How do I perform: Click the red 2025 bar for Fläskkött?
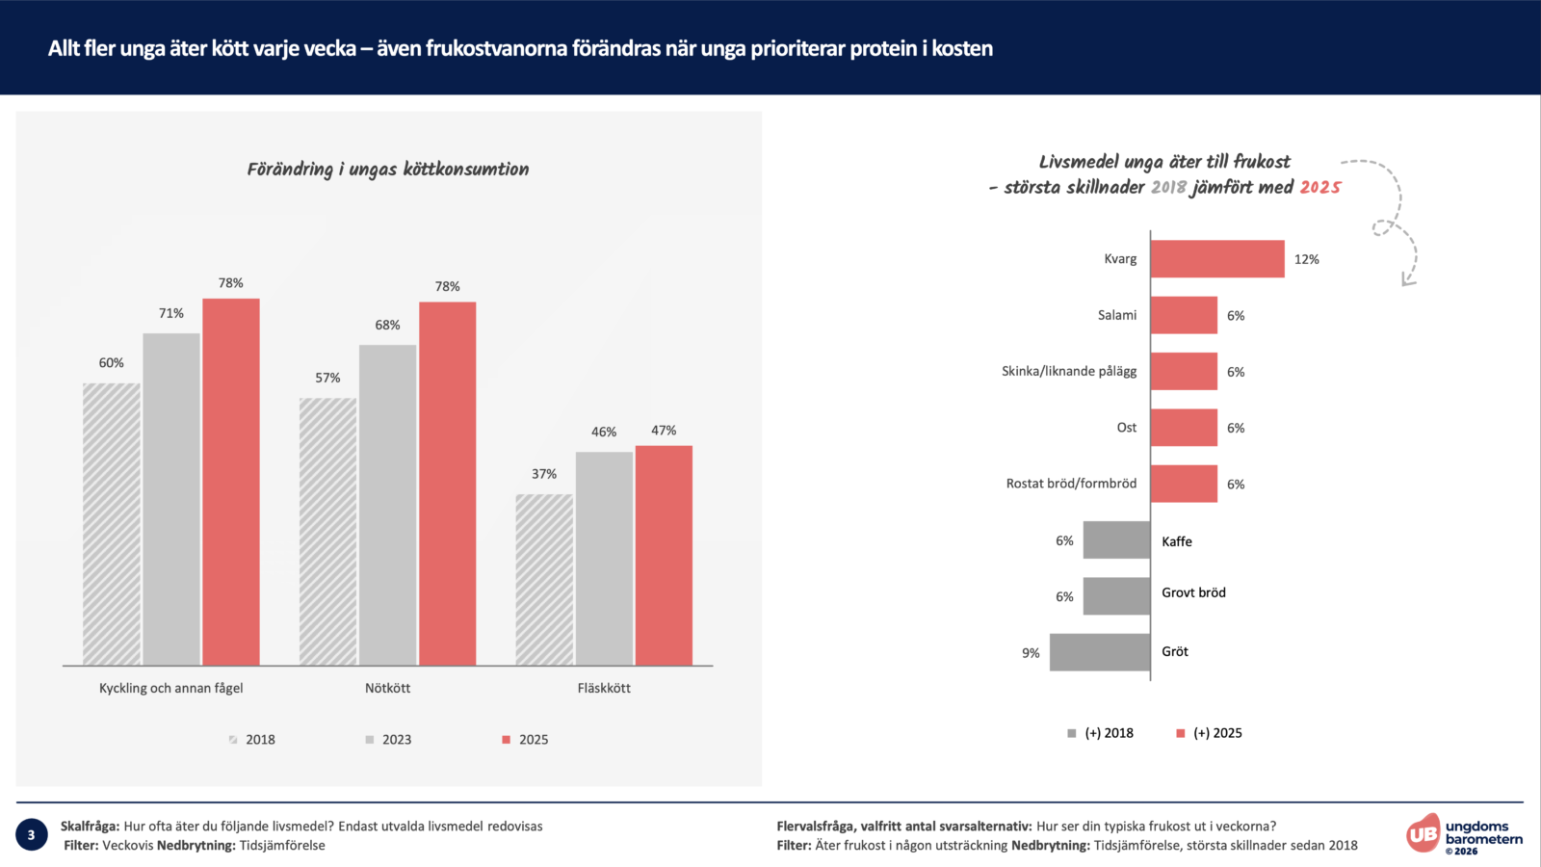click(x=664, y=555)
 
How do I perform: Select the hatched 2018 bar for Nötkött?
click(x=327, y=532)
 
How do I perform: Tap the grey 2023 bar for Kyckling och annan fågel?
click(x=171, y=500)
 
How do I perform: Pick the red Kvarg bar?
click(x=1217, y=259)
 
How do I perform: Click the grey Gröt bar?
click(x=1100, y=652)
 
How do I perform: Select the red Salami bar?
click(x=1184, y=315)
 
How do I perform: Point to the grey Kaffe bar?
click(x=1116, y=540)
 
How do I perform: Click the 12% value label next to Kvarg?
click(x=1306, y=259)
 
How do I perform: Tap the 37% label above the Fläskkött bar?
click(x=543, y=474)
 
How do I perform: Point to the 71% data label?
click(x=171, y=314)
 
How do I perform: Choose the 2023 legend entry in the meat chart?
click(x=389, y=740)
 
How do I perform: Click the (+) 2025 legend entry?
click(x=1210, y=733)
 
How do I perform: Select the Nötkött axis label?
click(x=387, y=688)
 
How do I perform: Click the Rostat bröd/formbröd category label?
click(x=1071, y=484)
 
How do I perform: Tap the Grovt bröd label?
click(x=1193, y=592)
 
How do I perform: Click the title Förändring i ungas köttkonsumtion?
click(x=388, y=170)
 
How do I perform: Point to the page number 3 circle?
click(x=31, y=834)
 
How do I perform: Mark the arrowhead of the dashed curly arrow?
click(x=1407, y=280)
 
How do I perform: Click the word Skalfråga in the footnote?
click(x=91, y=827)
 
